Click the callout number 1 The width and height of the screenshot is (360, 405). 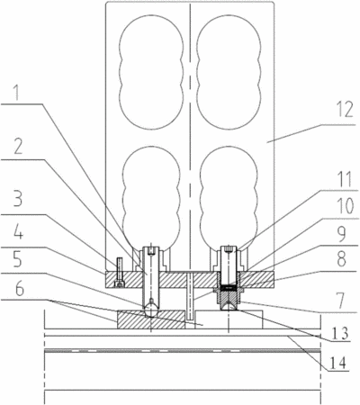(x=18, y=93)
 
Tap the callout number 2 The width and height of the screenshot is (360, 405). (x=18, y=148)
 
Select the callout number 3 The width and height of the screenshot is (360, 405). (x=18, y=198)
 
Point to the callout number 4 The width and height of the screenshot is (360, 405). (x=18, y=232)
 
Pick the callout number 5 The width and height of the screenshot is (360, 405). (x=18, y=259)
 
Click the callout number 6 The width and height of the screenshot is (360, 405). (x=20, y=288)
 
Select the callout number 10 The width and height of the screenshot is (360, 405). (x=345, y=206)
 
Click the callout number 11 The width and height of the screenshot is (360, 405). (x=344, y=179)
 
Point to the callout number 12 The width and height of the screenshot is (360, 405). (x=345, y=110)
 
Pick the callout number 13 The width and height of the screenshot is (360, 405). (x=340, y=333)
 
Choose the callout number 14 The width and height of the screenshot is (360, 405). (x=337, y=362)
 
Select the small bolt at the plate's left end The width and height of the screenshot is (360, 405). (x=120, y=272)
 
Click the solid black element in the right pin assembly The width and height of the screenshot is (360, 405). (x=229, y=288)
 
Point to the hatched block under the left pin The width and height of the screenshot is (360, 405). (x=150, y=319)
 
